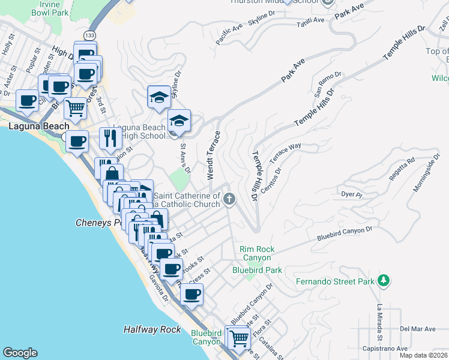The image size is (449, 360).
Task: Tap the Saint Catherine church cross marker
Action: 228,199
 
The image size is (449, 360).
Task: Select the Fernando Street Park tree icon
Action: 382,281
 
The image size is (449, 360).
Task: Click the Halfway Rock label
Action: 152,329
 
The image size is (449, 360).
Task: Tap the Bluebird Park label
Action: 257,270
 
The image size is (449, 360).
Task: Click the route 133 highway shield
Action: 89,35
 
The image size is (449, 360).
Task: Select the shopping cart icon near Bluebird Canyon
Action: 239,338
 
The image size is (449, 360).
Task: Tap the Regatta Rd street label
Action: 403,169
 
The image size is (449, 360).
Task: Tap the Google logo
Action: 20,353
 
